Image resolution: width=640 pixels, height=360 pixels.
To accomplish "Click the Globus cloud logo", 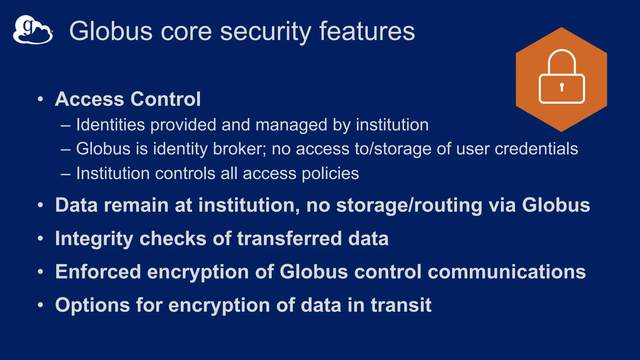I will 32,30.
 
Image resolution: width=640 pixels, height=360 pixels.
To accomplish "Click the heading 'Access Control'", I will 128,99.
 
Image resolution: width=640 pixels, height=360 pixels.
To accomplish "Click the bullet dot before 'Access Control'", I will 40,99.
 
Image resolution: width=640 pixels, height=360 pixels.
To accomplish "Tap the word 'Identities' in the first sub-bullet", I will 111,125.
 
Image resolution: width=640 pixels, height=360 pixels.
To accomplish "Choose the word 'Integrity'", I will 94,239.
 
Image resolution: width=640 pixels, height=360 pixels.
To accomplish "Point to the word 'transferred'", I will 289,239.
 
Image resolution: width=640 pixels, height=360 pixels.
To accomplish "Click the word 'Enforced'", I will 98,272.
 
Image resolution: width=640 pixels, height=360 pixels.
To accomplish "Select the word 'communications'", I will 507,272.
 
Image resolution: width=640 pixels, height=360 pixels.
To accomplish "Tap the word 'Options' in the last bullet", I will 92,305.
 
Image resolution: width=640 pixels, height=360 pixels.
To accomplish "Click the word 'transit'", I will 401,305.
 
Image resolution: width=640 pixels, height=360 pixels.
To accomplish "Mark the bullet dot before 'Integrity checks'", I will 40,239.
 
